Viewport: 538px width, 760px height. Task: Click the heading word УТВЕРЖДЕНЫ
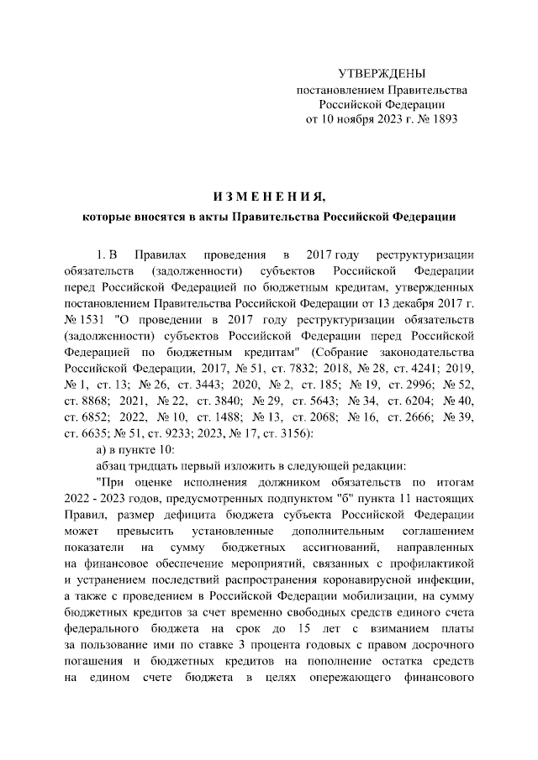tap(381, 75)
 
